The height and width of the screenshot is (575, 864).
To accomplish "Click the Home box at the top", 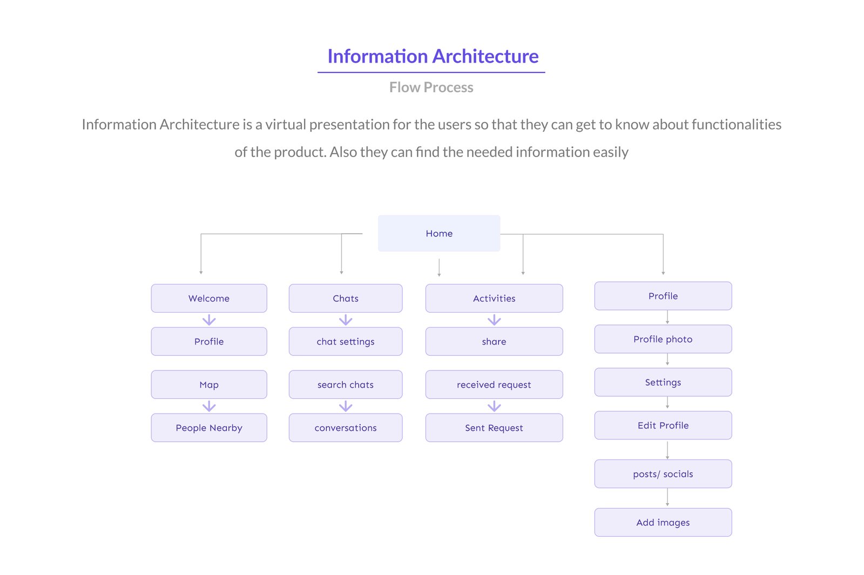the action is coord(439,233).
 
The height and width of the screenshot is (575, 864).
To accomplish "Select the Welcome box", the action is coord(209,298).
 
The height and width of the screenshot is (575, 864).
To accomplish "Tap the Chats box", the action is coord(346,298).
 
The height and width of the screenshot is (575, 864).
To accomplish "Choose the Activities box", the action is coord(494,298).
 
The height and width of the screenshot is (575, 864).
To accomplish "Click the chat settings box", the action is coord(346,341).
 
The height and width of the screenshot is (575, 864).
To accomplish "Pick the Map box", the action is coord(209,384).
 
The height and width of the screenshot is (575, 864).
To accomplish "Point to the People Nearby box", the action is coord(209,428).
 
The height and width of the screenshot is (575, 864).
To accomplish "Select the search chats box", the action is coord(346,384).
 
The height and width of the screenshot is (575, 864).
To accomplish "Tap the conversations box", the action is coord(346,428).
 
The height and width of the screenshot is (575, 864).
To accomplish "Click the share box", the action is coord(494,341).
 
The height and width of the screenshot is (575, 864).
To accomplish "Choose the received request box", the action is coord(494,384).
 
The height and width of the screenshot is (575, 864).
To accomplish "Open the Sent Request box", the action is coord(494,428).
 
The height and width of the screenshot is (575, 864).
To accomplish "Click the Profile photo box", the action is coord(663,339).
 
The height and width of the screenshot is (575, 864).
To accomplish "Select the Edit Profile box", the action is coord(663,425).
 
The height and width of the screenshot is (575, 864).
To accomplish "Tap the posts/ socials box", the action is coord(663,474).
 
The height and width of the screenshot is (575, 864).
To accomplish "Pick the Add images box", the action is coord(663,523).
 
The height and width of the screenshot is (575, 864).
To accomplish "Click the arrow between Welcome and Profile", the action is coord(209,320).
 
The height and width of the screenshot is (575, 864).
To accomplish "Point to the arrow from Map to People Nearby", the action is coord(209,407).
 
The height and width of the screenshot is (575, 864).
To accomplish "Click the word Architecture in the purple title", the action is coord(485,56).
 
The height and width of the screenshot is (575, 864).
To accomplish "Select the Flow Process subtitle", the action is coord(431,87).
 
